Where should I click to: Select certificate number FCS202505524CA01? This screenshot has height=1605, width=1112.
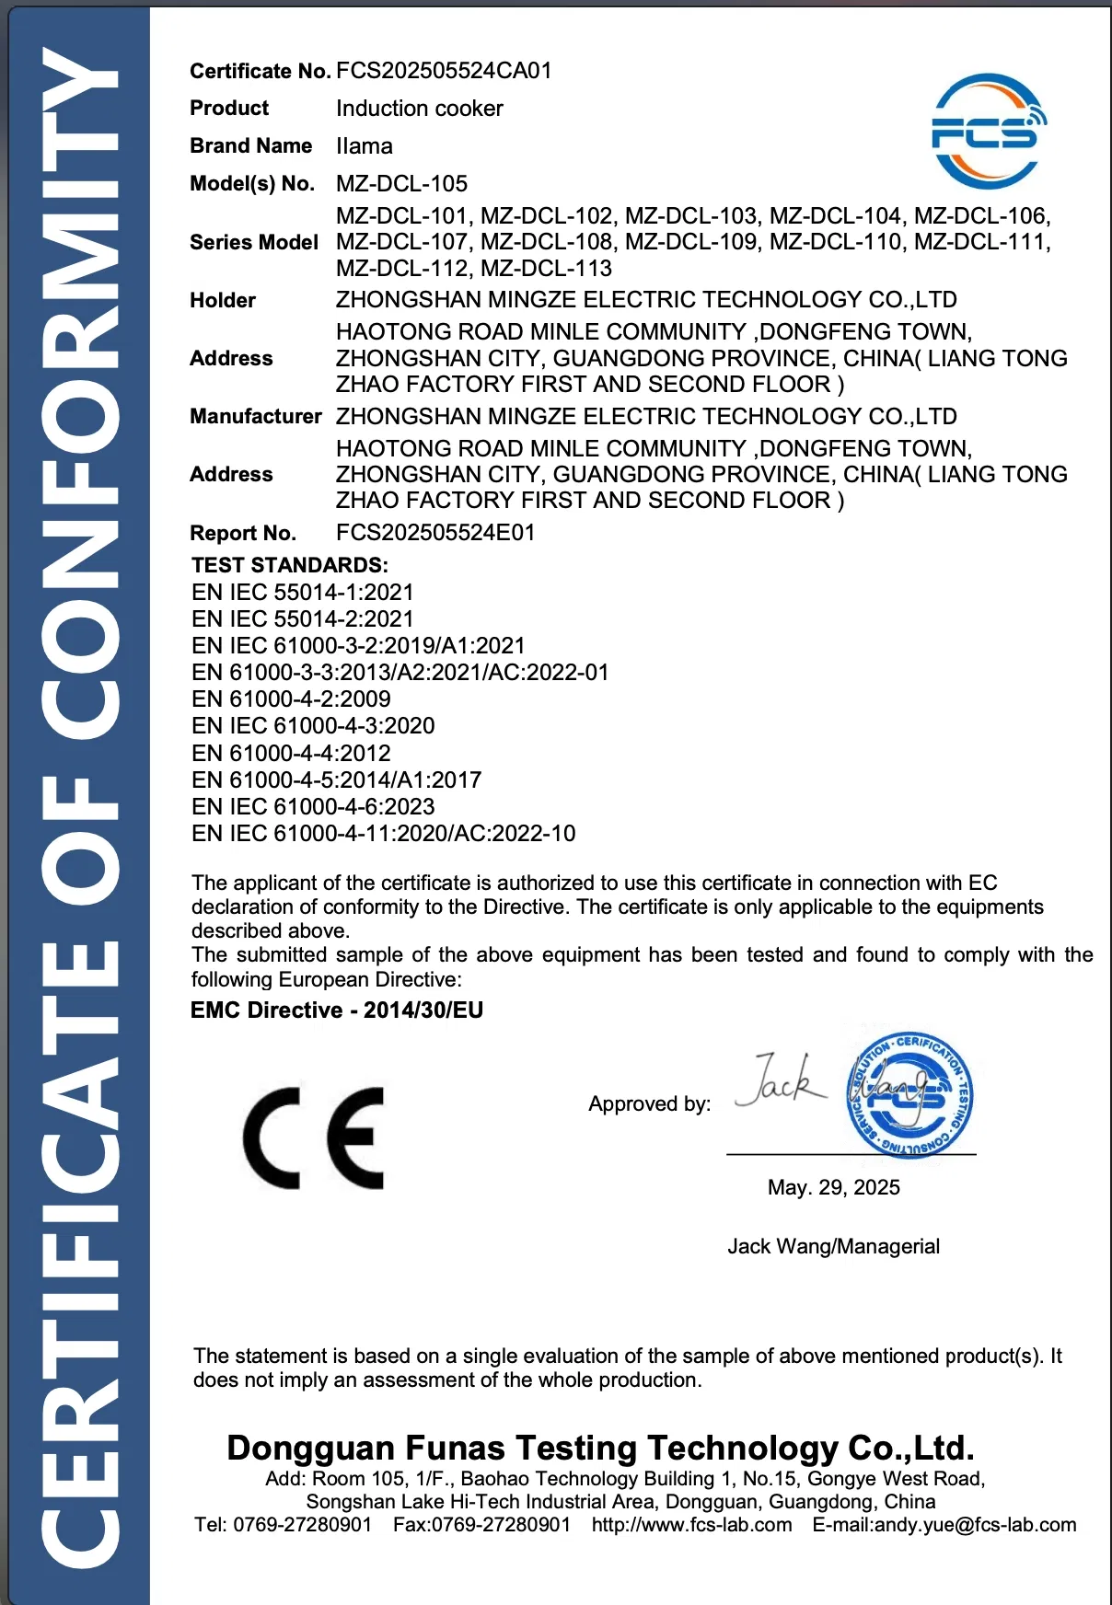(x=444, y=71)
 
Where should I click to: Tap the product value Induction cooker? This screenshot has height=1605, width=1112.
(x=419, y=109)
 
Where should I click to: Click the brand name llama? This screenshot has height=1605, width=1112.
(x=364, y=146)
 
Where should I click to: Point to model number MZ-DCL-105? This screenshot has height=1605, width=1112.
(x=401, y=184)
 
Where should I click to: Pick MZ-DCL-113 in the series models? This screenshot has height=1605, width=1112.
(x=546, y=269)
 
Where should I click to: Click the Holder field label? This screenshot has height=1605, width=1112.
(x=223, y=300)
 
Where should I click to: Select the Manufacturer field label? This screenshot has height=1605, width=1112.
(x=255, y=417)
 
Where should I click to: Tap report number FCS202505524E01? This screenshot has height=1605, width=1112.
(x=434, y=533)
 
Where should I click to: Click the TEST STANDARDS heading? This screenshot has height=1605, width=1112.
(x=289, y=565)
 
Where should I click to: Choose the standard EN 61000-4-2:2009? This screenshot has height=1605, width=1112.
(x=291, y=699)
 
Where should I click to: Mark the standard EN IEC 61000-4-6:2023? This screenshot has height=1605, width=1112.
(x=313, y=807)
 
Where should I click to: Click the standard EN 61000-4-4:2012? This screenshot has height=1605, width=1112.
(x=291, y=754)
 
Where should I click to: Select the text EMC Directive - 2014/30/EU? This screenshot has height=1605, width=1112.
(x=336, y=1010)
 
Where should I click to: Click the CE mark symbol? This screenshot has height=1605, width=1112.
(x=314, y=1138)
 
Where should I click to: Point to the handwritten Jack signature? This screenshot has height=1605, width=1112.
(x=781, y=1081)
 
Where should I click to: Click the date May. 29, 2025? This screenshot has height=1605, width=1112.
(x=833, y=1188)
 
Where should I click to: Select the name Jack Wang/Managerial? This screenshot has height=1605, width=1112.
(x=833, y=1247)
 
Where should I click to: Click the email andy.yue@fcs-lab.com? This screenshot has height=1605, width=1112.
(x=975, y=1525)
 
